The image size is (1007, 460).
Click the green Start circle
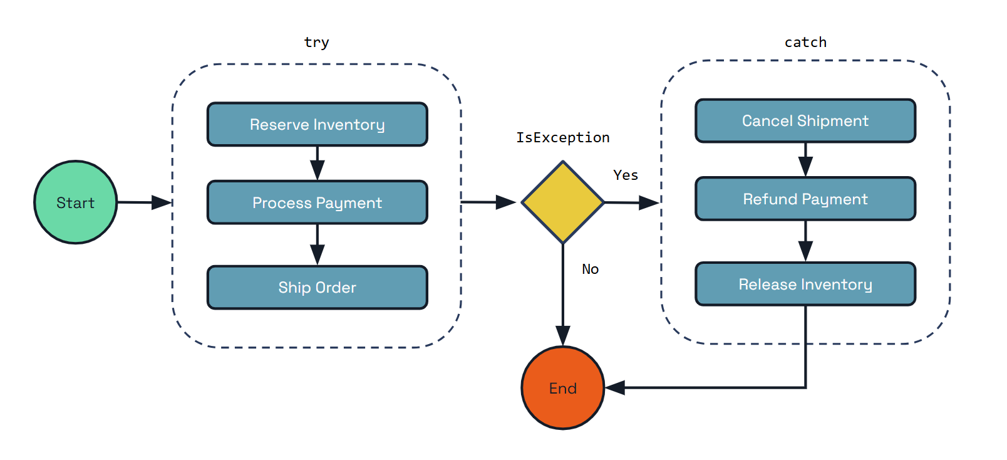coord(75,202)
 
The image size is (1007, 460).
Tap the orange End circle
coord(562,388)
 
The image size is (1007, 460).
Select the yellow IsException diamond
coord(562,202)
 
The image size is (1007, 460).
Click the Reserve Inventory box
coord(317,125)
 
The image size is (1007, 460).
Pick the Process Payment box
coord(317,202)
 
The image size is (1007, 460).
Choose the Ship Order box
coord(317,288)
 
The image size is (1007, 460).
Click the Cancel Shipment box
coord(805,121)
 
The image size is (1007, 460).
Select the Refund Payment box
coord(805,199)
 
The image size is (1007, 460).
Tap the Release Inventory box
coord(805,285)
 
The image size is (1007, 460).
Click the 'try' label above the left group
coord(316,43)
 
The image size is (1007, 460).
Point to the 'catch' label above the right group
coord(805,43)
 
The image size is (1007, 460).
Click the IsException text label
coord(562,138)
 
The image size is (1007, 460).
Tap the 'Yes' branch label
coord(626,175)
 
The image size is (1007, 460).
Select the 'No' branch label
coord(590,269)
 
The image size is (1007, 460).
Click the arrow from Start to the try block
coord(144,202)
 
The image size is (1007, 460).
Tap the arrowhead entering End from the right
coord(615,388)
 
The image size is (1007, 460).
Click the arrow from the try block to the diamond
coord(488,202)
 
